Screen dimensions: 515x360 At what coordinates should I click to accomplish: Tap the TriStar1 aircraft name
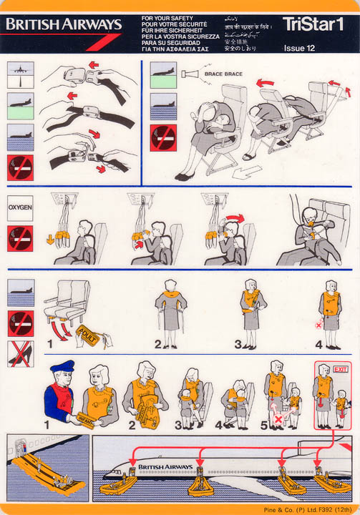[x=313, y=24]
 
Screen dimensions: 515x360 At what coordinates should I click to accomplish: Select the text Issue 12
[x=299, y=49]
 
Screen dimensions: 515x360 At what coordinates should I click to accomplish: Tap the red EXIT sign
[x=339, y=368]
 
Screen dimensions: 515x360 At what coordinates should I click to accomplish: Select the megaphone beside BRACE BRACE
[x=189, y=74]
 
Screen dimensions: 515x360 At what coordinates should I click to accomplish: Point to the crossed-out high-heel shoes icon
[x=20, y=353]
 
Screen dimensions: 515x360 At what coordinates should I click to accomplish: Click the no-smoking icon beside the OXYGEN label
[x=20, y=238]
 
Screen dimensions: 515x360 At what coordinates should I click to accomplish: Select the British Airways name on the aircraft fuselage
[x=165, y=467]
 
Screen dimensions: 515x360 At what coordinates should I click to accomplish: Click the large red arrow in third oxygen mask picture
[x=233, y=218]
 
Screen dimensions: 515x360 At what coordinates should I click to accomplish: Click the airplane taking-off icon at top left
[x=20, y=74]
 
